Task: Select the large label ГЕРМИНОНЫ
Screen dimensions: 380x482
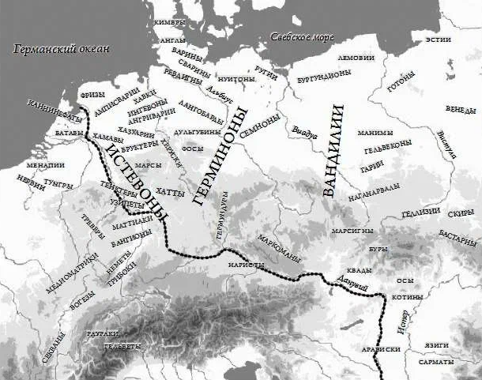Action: coord(220,155)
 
